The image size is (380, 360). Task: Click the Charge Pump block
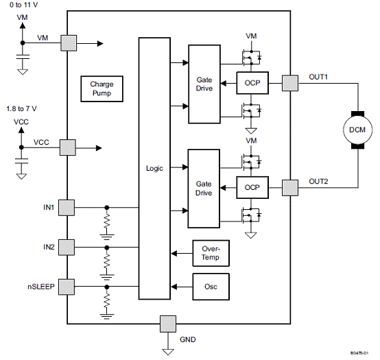coord(102,88)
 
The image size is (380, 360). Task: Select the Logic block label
coord(154,168)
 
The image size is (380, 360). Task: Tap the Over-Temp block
coord(211,253)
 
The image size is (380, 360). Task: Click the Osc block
coord(211,287)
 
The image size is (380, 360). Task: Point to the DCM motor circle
coord(357,130)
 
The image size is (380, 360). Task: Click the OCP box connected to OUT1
coord(252,83)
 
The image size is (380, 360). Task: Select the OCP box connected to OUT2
coord(252,187)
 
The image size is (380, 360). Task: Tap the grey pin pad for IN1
coord(67,208)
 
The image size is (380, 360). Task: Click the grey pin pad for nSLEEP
coord(67,287)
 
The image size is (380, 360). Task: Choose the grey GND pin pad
coord(168,324)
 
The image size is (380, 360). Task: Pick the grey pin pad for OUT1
coord(290,83)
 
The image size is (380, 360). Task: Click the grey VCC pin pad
coord(68,147)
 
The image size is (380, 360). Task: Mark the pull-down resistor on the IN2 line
coord(106,261)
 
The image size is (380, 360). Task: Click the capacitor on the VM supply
coord(23,57)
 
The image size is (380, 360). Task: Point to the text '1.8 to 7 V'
coord(21,109)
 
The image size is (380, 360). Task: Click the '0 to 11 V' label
coord(23,5)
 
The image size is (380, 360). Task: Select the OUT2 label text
coord(318,182)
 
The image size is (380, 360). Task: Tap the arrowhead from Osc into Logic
coord(174,287)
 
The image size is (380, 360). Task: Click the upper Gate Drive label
coord(204,84)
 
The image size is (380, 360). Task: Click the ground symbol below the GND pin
coord(168,352)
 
